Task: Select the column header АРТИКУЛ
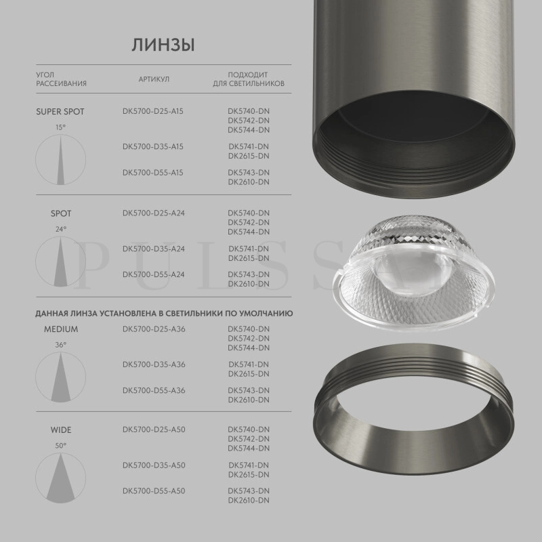(154, 79)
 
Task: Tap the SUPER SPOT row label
(60, 112)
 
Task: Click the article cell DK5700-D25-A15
(153, 111)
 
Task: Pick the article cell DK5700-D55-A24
(154, 274)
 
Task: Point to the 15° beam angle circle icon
(61, 159)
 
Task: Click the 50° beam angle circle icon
(61, 477)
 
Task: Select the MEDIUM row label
(61, 329)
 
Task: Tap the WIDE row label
(61, 430)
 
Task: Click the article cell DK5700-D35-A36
(154, 364)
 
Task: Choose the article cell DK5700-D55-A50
(154, 491)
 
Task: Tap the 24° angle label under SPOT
(61, 229)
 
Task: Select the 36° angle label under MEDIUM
(61, 345)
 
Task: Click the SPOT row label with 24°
(61, 213)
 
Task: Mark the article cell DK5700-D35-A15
(153, 146)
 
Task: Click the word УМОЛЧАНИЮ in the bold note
(268, 314)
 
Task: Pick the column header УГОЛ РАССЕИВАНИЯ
(61, 79)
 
